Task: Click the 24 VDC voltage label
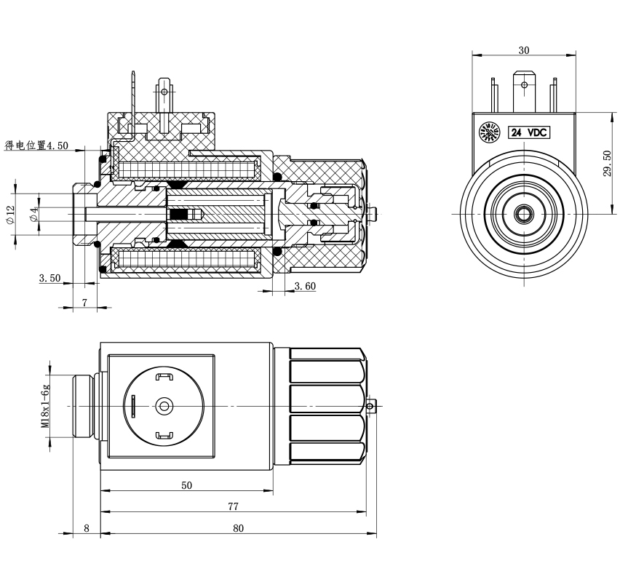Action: [528, 132]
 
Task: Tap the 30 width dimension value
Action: [523, 50]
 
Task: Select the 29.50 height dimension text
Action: [608, 163]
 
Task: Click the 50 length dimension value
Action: [186, 485]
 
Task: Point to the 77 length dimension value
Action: [234, 506]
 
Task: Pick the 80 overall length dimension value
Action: [238, 528]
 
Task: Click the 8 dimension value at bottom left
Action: [87, 528]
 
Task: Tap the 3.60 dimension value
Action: [305, 286]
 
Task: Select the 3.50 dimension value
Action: [49, 278]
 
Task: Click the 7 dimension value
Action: [84, 303]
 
